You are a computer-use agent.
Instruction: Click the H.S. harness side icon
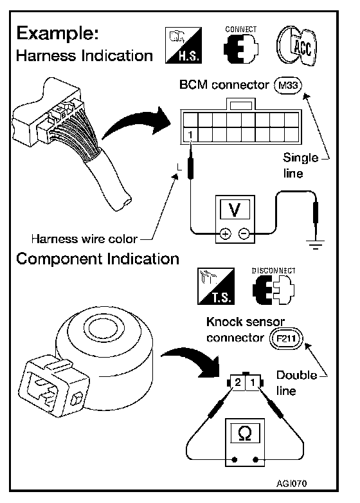(183, 45)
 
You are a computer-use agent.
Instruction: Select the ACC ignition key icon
(296, 46)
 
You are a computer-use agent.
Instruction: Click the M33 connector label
(288, 86)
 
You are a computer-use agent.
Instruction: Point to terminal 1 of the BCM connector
(190, 134)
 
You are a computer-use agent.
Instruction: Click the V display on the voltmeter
(235, 210)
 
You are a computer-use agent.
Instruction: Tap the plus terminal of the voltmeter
(226, 234)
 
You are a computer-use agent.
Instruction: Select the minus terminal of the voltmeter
(244, 233)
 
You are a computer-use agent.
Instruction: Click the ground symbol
(316, 244)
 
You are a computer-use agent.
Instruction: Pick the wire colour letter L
(179, 167)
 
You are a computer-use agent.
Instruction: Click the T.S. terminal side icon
(216, 286)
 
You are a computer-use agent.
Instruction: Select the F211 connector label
(286, 338)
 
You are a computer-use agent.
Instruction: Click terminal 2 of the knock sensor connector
(238, 382)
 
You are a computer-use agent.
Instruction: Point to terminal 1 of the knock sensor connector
(253, 382)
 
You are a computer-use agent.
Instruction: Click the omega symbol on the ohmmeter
(245, 434)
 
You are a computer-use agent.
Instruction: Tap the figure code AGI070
(291, 484)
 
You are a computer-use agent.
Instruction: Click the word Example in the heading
(57, 33)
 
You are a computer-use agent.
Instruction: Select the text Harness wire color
(84, 239)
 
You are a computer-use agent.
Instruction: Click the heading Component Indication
(98, 259)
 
